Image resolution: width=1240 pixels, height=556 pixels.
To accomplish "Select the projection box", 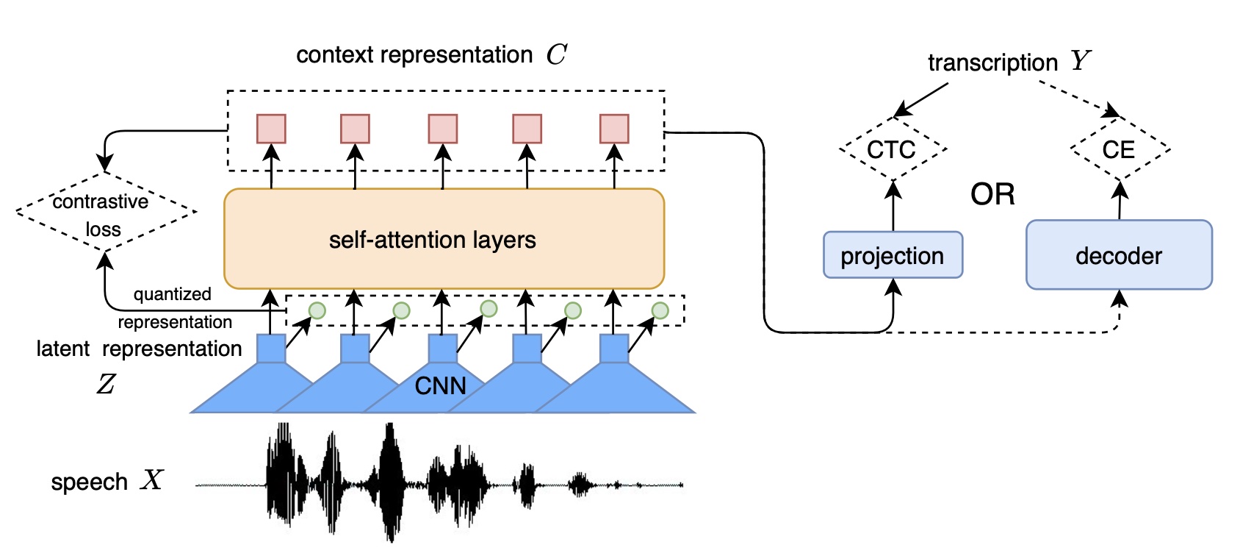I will point(893,255).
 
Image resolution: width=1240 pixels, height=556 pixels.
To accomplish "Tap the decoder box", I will point(1118,255).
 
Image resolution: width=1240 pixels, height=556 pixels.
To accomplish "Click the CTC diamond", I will point(892,149).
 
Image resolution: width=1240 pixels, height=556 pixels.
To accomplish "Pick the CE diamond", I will point(1119,149).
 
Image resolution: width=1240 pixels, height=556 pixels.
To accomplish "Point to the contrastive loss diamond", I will point(105,213).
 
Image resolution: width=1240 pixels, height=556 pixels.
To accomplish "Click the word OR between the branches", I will point(992,194).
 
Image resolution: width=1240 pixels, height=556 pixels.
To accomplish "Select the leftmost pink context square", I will point(271,129).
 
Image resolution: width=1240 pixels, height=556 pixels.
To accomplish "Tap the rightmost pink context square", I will point(614,129).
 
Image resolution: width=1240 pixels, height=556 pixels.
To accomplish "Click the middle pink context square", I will point(443,129).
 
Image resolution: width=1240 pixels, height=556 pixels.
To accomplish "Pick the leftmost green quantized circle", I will point(317,310).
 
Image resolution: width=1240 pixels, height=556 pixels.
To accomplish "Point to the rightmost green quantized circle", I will point(660,310).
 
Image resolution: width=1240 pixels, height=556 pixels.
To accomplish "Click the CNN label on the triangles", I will point(440,385).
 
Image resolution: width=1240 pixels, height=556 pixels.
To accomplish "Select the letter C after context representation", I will point(556,54).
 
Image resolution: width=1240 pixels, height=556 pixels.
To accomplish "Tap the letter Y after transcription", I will point(1080,61).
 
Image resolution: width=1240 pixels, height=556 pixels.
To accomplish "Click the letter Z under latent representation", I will point(106,383).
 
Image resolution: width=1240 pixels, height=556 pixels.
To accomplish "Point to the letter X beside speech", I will point(152,480).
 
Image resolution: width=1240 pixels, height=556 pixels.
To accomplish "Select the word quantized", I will point(172,294).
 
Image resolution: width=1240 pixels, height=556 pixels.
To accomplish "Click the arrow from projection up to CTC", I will point(893,206).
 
